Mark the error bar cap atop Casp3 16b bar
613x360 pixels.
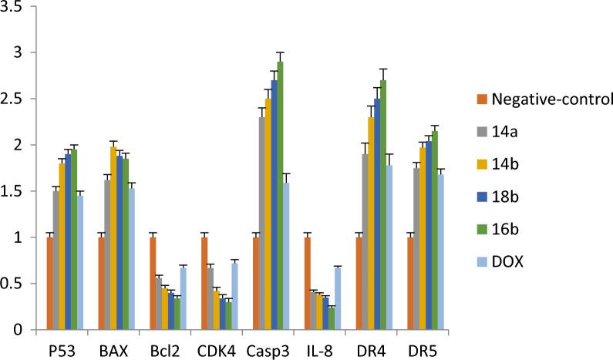pyautogui.click(x=280, y=52)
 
